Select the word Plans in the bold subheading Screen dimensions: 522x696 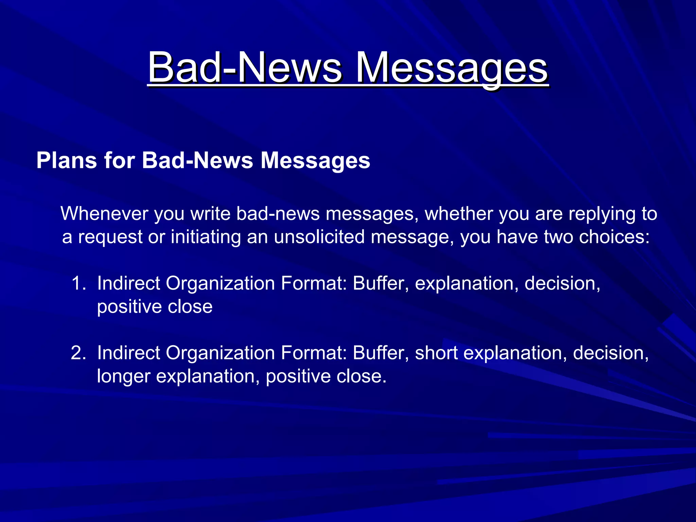[67, 160]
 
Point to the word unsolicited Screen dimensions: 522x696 [319, 237]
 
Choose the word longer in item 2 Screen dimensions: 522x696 [123, 377]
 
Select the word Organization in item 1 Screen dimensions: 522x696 [220, 283]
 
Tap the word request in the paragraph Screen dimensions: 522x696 [110, 238]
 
